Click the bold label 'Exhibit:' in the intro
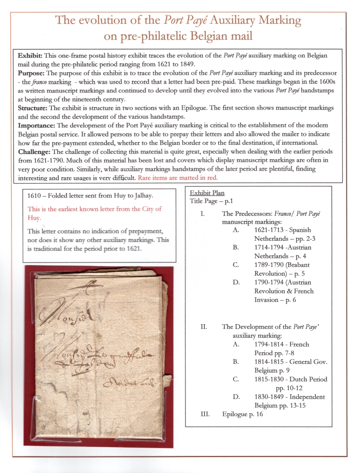tap(29, 56)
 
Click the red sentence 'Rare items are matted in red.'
tap(178, 177)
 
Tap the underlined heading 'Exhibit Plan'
tap(207, 193)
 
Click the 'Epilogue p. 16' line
tap(242, 414)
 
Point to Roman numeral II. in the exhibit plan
tap(204, 327)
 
